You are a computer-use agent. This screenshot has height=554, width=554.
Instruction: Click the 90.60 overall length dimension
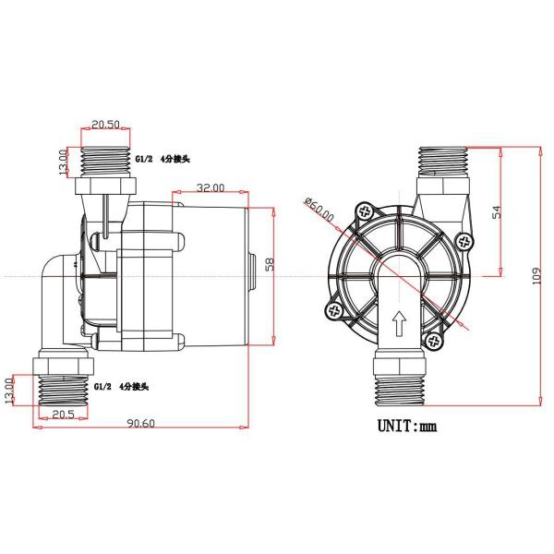(141, 423)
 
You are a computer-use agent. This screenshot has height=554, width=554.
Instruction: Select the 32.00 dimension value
(211, 187)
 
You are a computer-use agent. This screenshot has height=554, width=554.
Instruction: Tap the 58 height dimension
(270, 265)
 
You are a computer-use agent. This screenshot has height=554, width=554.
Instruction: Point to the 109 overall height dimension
(536, 276)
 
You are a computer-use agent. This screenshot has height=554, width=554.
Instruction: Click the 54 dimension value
(497, 211)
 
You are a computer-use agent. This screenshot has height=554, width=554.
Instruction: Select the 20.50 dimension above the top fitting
(105, 125)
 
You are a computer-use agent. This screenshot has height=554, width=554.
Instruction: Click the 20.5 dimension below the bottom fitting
(63, 414)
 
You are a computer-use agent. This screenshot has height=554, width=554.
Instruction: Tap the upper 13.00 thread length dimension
(63, 163)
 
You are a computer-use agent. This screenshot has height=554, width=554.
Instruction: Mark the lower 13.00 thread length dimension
(8, 390)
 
